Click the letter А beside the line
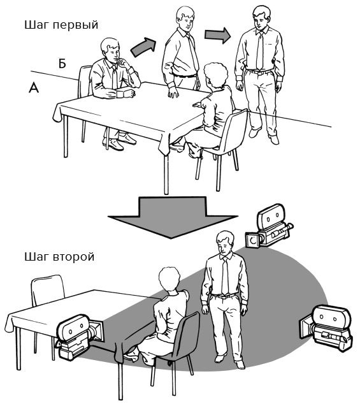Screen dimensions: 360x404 coord(34,87)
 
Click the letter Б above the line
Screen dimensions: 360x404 coord(62,63)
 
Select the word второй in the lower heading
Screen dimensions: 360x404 coord(74,257)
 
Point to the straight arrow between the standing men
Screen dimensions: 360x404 coord(218,35)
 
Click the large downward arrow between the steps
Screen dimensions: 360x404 coord(173,217)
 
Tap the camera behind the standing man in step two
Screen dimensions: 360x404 coord(269,227)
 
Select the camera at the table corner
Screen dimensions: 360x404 coord(80,336)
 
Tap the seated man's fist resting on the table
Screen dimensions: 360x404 coord(129,93)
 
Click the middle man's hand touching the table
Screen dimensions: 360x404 coord(173,92)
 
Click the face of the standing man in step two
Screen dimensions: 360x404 coord(224,245)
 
